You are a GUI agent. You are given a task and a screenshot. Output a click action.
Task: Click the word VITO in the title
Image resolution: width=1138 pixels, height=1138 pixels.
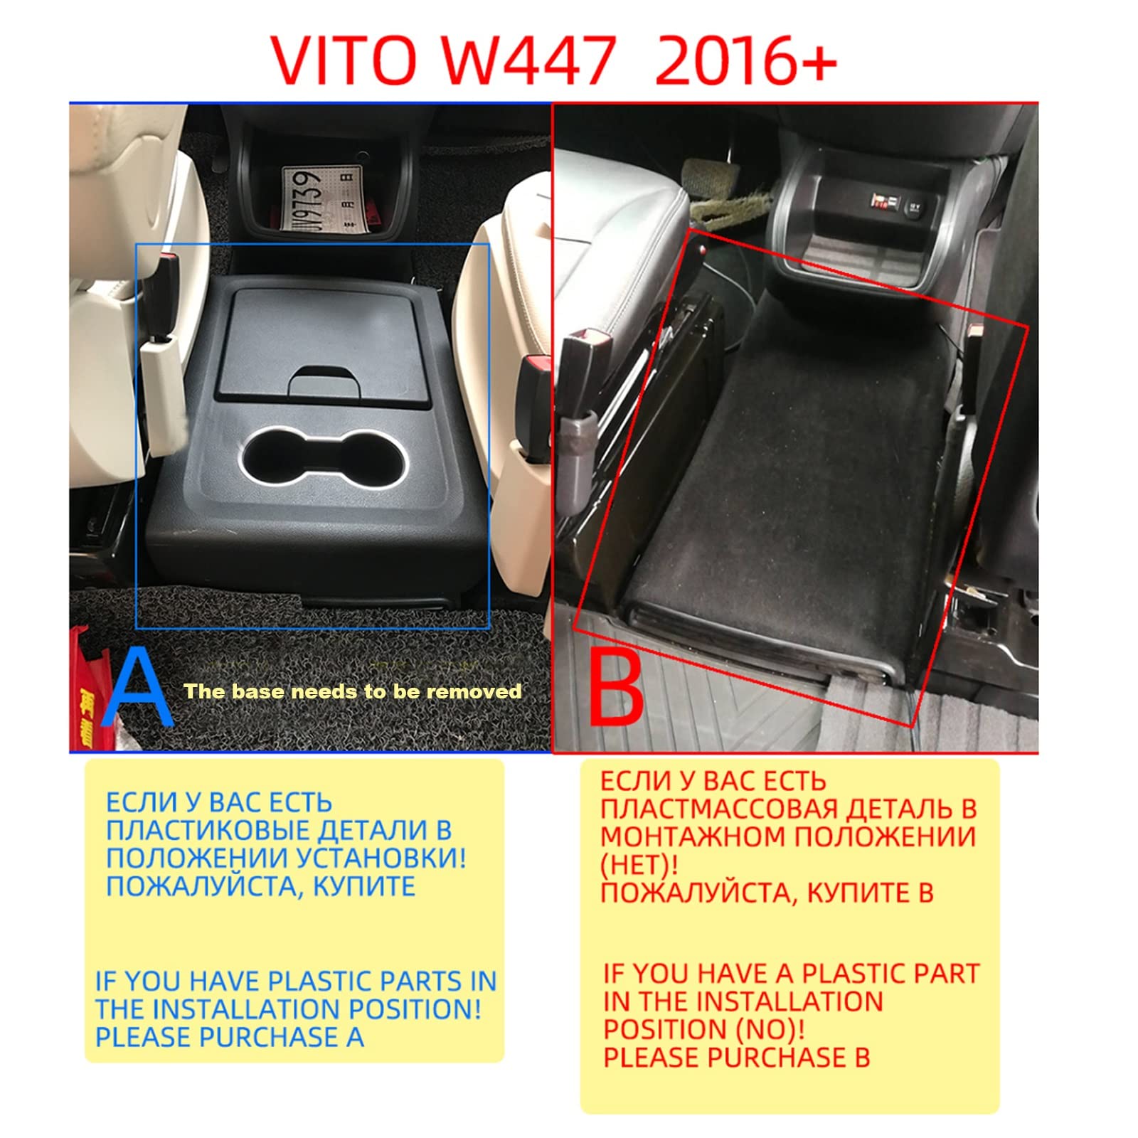point(343,60)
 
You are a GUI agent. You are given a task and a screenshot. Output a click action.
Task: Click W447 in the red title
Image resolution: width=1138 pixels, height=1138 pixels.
point(527,60)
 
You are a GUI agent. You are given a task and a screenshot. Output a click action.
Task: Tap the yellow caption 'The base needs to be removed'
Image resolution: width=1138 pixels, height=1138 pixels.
point(352,691)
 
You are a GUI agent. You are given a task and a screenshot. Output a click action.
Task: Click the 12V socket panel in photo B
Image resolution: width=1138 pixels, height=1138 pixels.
point(893,207)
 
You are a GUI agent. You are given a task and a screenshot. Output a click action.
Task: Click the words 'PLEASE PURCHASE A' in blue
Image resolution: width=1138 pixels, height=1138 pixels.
point(230,1037)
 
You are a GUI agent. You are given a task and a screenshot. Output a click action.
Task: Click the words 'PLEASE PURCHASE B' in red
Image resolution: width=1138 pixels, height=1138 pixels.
point(736,1057)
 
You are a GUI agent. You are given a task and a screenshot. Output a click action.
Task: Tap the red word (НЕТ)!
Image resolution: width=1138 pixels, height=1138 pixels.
point(639,864)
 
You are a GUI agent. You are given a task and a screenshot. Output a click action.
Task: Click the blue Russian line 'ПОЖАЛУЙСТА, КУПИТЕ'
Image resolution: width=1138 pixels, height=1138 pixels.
point(260,886)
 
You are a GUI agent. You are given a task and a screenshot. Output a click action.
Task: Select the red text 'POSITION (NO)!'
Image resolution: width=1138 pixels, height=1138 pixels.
point(704,1029)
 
